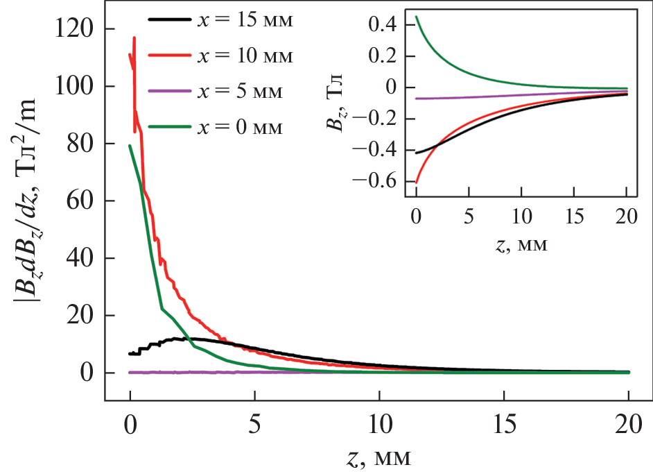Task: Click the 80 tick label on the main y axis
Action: click(81, 144)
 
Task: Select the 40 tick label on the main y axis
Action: click(81, 258)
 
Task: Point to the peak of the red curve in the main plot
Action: click(134, 37)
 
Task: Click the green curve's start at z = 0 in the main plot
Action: click(130, 145)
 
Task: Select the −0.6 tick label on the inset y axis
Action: click(374, 181)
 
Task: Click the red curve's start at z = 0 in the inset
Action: click(416, 182)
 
